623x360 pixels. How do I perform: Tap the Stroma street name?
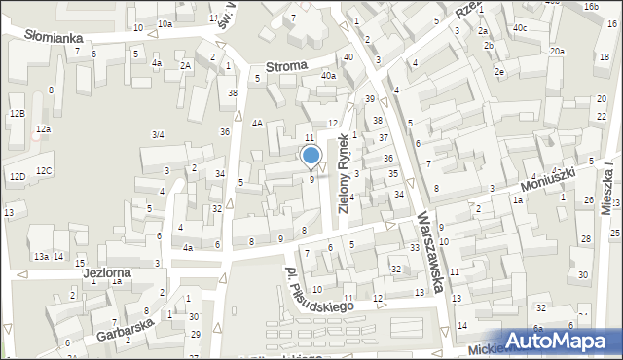(287, 67)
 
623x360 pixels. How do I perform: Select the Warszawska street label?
(431, 252)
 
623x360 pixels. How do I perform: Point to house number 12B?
(16, 114)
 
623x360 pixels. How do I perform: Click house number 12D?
(17, 176)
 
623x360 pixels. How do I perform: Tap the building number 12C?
(45, 171)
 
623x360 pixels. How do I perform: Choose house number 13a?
(41, 257)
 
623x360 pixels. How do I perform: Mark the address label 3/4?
(158, 134)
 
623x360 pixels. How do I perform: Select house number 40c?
(520, 28)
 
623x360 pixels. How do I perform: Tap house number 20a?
(556, 51)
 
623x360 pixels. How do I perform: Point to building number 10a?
(165, 24)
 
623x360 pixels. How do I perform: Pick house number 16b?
(591, 6)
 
